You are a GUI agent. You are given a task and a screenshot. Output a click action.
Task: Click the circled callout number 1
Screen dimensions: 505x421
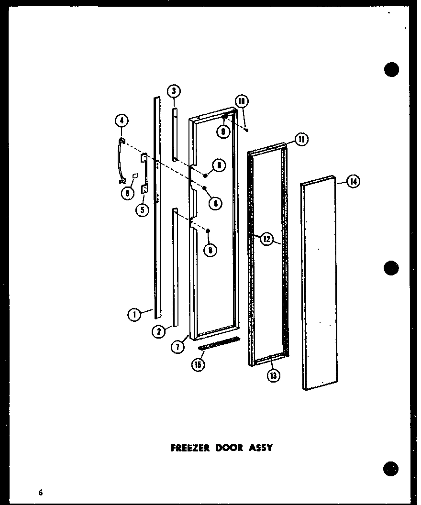[x=135, y=315]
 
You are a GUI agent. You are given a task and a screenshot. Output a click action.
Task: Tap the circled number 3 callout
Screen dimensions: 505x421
[x=174, y=90]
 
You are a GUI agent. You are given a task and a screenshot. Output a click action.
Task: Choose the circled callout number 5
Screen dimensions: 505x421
[x=142, y=209]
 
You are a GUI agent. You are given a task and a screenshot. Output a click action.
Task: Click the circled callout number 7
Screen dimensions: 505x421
[x=178, y=347]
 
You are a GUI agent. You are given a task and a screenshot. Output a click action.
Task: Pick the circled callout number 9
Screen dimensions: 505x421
[x=223, y=131]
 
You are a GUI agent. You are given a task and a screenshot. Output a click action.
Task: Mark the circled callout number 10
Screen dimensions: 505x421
[x=242, y=101]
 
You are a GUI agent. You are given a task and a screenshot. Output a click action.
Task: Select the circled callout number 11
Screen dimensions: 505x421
[x=301, y=140]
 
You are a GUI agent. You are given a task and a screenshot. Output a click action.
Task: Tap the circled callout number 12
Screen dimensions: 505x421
[x=267, y=239]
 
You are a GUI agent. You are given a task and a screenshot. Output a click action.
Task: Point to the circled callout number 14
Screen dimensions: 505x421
[x=354, y=182]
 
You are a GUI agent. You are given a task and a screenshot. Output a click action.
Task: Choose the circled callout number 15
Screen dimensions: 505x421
[x=198, y=364]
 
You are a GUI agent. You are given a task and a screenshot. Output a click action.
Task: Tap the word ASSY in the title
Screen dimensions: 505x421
[x=261, y=448]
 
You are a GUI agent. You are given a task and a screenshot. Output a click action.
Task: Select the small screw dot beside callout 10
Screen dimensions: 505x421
[x=246, y=128]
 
